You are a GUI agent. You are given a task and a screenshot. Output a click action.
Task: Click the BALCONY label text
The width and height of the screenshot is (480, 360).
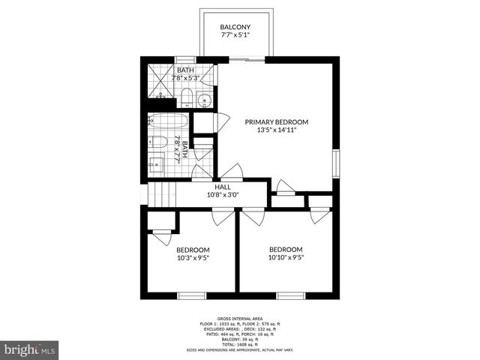coord(235,28)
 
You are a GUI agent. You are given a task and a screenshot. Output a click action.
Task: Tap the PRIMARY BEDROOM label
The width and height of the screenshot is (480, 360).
coord(277,121)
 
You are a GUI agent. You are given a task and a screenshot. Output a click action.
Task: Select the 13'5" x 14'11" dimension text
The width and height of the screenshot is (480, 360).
coord(277,130)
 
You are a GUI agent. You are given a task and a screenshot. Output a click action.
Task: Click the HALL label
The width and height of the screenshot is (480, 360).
coord(223,187)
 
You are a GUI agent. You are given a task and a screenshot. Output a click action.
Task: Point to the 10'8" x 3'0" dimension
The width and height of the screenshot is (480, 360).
coord(223,196)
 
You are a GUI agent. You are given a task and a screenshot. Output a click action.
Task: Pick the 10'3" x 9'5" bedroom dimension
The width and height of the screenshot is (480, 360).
coord(193,258)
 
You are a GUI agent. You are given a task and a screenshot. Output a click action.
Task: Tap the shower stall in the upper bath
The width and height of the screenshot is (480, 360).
coord(159,82)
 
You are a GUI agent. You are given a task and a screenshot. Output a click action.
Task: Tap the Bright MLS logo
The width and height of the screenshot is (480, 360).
coord(30,349)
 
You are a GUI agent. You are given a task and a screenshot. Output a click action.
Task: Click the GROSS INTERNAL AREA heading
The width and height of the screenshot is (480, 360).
coord(239,319)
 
